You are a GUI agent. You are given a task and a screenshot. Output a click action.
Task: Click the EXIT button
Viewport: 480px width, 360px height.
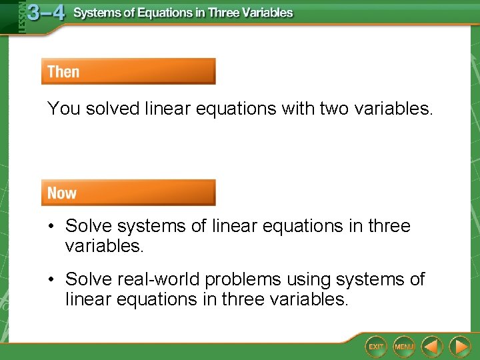[x=376, y=346]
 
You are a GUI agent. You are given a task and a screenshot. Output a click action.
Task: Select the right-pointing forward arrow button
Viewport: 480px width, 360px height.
[x=460, y=346]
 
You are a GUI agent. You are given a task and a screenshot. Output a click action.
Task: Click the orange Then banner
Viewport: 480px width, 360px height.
[x=128, y=71]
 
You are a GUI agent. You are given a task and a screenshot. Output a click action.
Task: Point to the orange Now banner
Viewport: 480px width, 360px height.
[x=128, y=193]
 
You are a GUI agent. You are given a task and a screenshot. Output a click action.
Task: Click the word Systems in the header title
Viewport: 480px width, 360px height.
[x=97, y=13]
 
